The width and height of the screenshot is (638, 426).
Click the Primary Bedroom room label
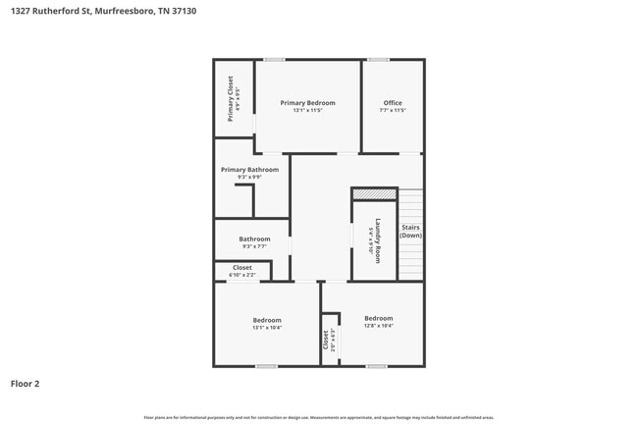(x=307, y=103)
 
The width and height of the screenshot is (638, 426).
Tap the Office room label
(x=393, y=103)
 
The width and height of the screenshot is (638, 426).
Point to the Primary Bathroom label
(x=249, y=170)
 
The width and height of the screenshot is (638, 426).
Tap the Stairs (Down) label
(x=410, y=232)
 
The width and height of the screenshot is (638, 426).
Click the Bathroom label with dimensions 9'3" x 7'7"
(x=254, y=239)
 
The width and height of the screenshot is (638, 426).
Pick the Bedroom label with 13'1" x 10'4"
(x=267, y=320)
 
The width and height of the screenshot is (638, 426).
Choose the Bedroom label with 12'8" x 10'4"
(x=378, y=318)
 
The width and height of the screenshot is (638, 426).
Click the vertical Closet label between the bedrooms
(x=326, y=340)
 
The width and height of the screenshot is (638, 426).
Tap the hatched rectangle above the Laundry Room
(x=374, y=194)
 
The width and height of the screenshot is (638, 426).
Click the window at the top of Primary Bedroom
(x=274, y=60)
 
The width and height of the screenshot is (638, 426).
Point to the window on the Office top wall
(x=378, y=60)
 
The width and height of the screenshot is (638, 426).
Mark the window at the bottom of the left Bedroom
(x=266, y=366)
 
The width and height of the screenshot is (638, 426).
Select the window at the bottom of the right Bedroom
(x=376, y=366)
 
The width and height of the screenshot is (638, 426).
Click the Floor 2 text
(x=26, y=384)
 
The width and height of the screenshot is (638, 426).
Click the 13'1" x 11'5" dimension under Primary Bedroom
(x=307, y=111)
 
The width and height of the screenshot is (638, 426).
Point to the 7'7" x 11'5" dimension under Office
(x=393, y=111)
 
